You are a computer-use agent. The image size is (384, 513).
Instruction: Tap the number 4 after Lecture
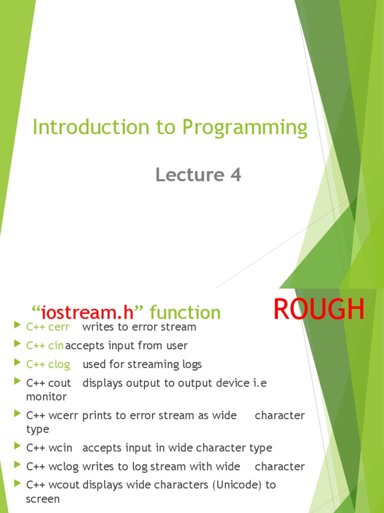click(x=235, y=175)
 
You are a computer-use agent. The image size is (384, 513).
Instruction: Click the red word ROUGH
click(x=319, y=310)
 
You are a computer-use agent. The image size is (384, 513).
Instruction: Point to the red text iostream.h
click(x=87, y=313)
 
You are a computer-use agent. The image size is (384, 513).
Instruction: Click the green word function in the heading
click(x=185, y=313)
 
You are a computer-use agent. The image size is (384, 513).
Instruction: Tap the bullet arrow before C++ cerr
click(x=18, y=327)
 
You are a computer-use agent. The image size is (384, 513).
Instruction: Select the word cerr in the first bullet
click(x=59, y=327)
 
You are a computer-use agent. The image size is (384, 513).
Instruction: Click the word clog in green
click(x=59, y=364)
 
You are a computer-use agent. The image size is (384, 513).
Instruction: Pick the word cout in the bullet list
click(x=59, y=383)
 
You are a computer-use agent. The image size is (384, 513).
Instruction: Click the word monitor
click(x=46, y=397)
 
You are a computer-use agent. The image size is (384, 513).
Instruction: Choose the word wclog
click(x=63, y=466)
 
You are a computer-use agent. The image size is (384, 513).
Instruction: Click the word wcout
click(x=64, y=485)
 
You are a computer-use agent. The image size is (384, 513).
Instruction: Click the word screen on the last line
click(x=42, y=499)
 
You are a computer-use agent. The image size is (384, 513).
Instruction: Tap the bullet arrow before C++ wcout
click(x=18, y=484)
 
